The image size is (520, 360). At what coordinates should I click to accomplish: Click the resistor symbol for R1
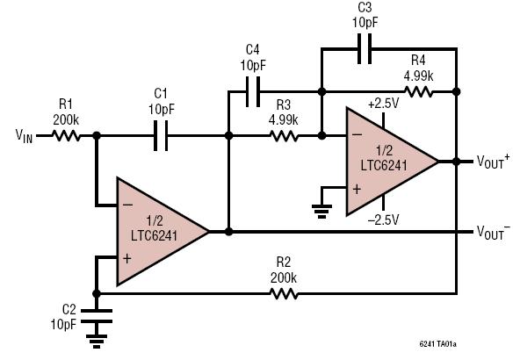tap(66, 135)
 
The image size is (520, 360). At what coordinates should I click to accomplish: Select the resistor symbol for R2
tap(284, 293)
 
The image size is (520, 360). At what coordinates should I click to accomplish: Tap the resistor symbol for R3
tap(284, 135)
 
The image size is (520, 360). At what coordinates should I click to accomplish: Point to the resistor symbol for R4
tap(418, 91)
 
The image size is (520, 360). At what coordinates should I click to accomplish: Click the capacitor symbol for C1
tap(161, 135)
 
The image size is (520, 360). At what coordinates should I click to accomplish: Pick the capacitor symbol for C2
tap(97, 316)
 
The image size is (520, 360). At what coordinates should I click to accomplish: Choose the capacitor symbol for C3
tap(365, 48)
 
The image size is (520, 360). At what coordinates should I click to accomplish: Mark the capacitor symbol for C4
tap(253, 91)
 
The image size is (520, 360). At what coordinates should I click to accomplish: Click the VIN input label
tap(25, 135)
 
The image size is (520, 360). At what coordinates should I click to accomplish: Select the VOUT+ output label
tap(493, 162)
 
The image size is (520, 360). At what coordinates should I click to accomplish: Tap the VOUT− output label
tap(493, 232)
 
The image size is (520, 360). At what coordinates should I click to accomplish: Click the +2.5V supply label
tap(383, 104)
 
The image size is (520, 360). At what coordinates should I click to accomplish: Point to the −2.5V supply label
tap(383, 220)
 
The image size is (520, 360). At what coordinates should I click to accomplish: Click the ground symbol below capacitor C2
tap(97, 341)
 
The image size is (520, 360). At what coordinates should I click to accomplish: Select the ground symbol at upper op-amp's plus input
tap(321, 212)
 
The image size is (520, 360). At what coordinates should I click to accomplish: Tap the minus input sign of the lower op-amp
tap(127, 205)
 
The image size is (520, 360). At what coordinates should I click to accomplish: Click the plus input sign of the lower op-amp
tap(127, 258)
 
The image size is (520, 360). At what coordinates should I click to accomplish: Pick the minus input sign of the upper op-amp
tap(357, 134)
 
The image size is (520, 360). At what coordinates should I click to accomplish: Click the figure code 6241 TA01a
tap(437, 344)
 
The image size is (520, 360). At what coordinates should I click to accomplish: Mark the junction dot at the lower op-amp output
tap(228, 232)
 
